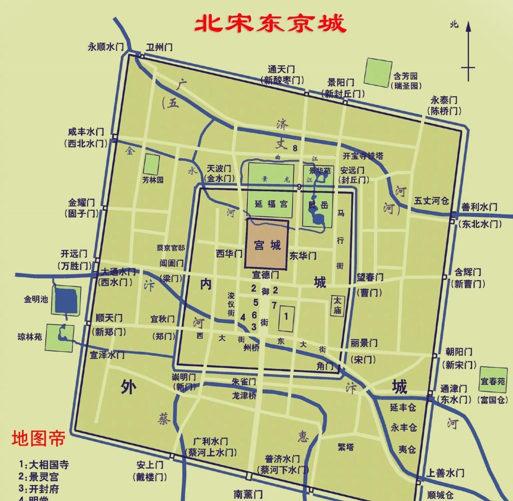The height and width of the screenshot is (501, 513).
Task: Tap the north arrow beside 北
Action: click(468, 51)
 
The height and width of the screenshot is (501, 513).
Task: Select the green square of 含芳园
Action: click(378, 72)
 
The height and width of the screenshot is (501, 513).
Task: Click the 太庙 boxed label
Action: click(337, 306)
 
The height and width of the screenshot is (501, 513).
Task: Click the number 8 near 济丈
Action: click(295, 149)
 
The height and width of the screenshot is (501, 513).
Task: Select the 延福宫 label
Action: click(271, 204)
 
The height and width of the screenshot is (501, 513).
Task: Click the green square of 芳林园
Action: click(151, 164)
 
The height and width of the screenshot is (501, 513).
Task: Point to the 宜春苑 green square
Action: click(493, 380)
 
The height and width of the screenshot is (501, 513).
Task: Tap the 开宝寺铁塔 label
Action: click(363, 156)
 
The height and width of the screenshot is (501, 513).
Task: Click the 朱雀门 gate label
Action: click(244, 382)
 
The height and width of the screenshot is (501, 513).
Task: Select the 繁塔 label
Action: click(346, 447)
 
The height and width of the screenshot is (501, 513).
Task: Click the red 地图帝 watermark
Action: click(38, 438)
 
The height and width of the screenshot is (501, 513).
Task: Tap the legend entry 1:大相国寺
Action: click(44, 465)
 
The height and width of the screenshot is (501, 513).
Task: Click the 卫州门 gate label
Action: click(159, 47)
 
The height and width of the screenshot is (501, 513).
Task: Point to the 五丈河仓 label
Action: click(431, 201)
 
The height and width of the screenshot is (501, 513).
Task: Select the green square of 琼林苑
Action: click(59, 337)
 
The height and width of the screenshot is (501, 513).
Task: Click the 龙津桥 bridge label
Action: click(244, 395)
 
